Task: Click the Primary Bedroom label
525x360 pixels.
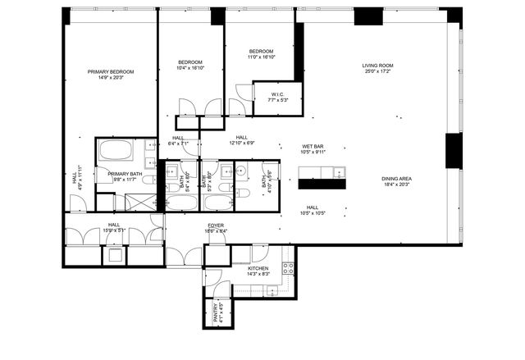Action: (111, 72)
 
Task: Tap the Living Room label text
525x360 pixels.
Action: (379, 66)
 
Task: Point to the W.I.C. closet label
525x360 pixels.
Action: (277, 94)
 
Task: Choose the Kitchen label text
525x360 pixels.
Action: (258, 268)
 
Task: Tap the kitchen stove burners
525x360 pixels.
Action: (288, 268)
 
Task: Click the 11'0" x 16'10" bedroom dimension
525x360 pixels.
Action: (262, 57)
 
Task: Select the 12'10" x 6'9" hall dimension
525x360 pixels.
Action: (241, 144)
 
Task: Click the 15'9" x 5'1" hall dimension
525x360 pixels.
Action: (113, 230)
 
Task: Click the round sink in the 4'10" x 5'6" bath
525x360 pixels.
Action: (244, 173)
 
